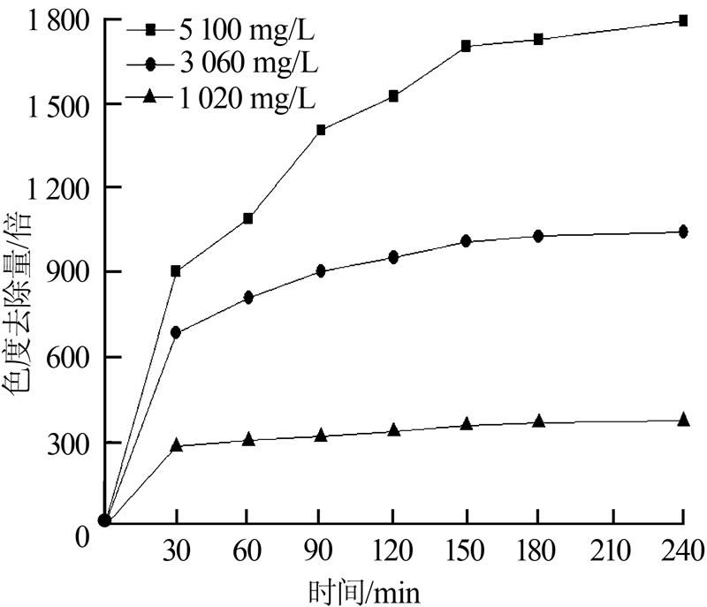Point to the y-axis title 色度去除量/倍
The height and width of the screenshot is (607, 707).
pos(19,300)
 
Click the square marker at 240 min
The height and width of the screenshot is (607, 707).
pos(683,20)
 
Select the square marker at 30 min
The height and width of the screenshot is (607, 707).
pos(176,271)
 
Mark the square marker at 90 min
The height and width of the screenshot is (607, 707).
pos(321,130)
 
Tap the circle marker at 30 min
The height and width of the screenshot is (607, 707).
pos(176,332)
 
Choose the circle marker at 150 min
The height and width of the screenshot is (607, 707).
pos(466,241)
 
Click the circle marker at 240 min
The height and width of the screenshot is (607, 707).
pos(683,232)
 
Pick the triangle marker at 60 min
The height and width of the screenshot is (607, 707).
pos(248,438)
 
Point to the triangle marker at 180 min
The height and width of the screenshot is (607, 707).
pos(538,421)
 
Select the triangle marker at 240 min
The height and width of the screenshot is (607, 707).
pos(683,420)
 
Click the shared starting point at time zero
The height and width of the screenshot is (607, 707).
pos(104,520)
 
